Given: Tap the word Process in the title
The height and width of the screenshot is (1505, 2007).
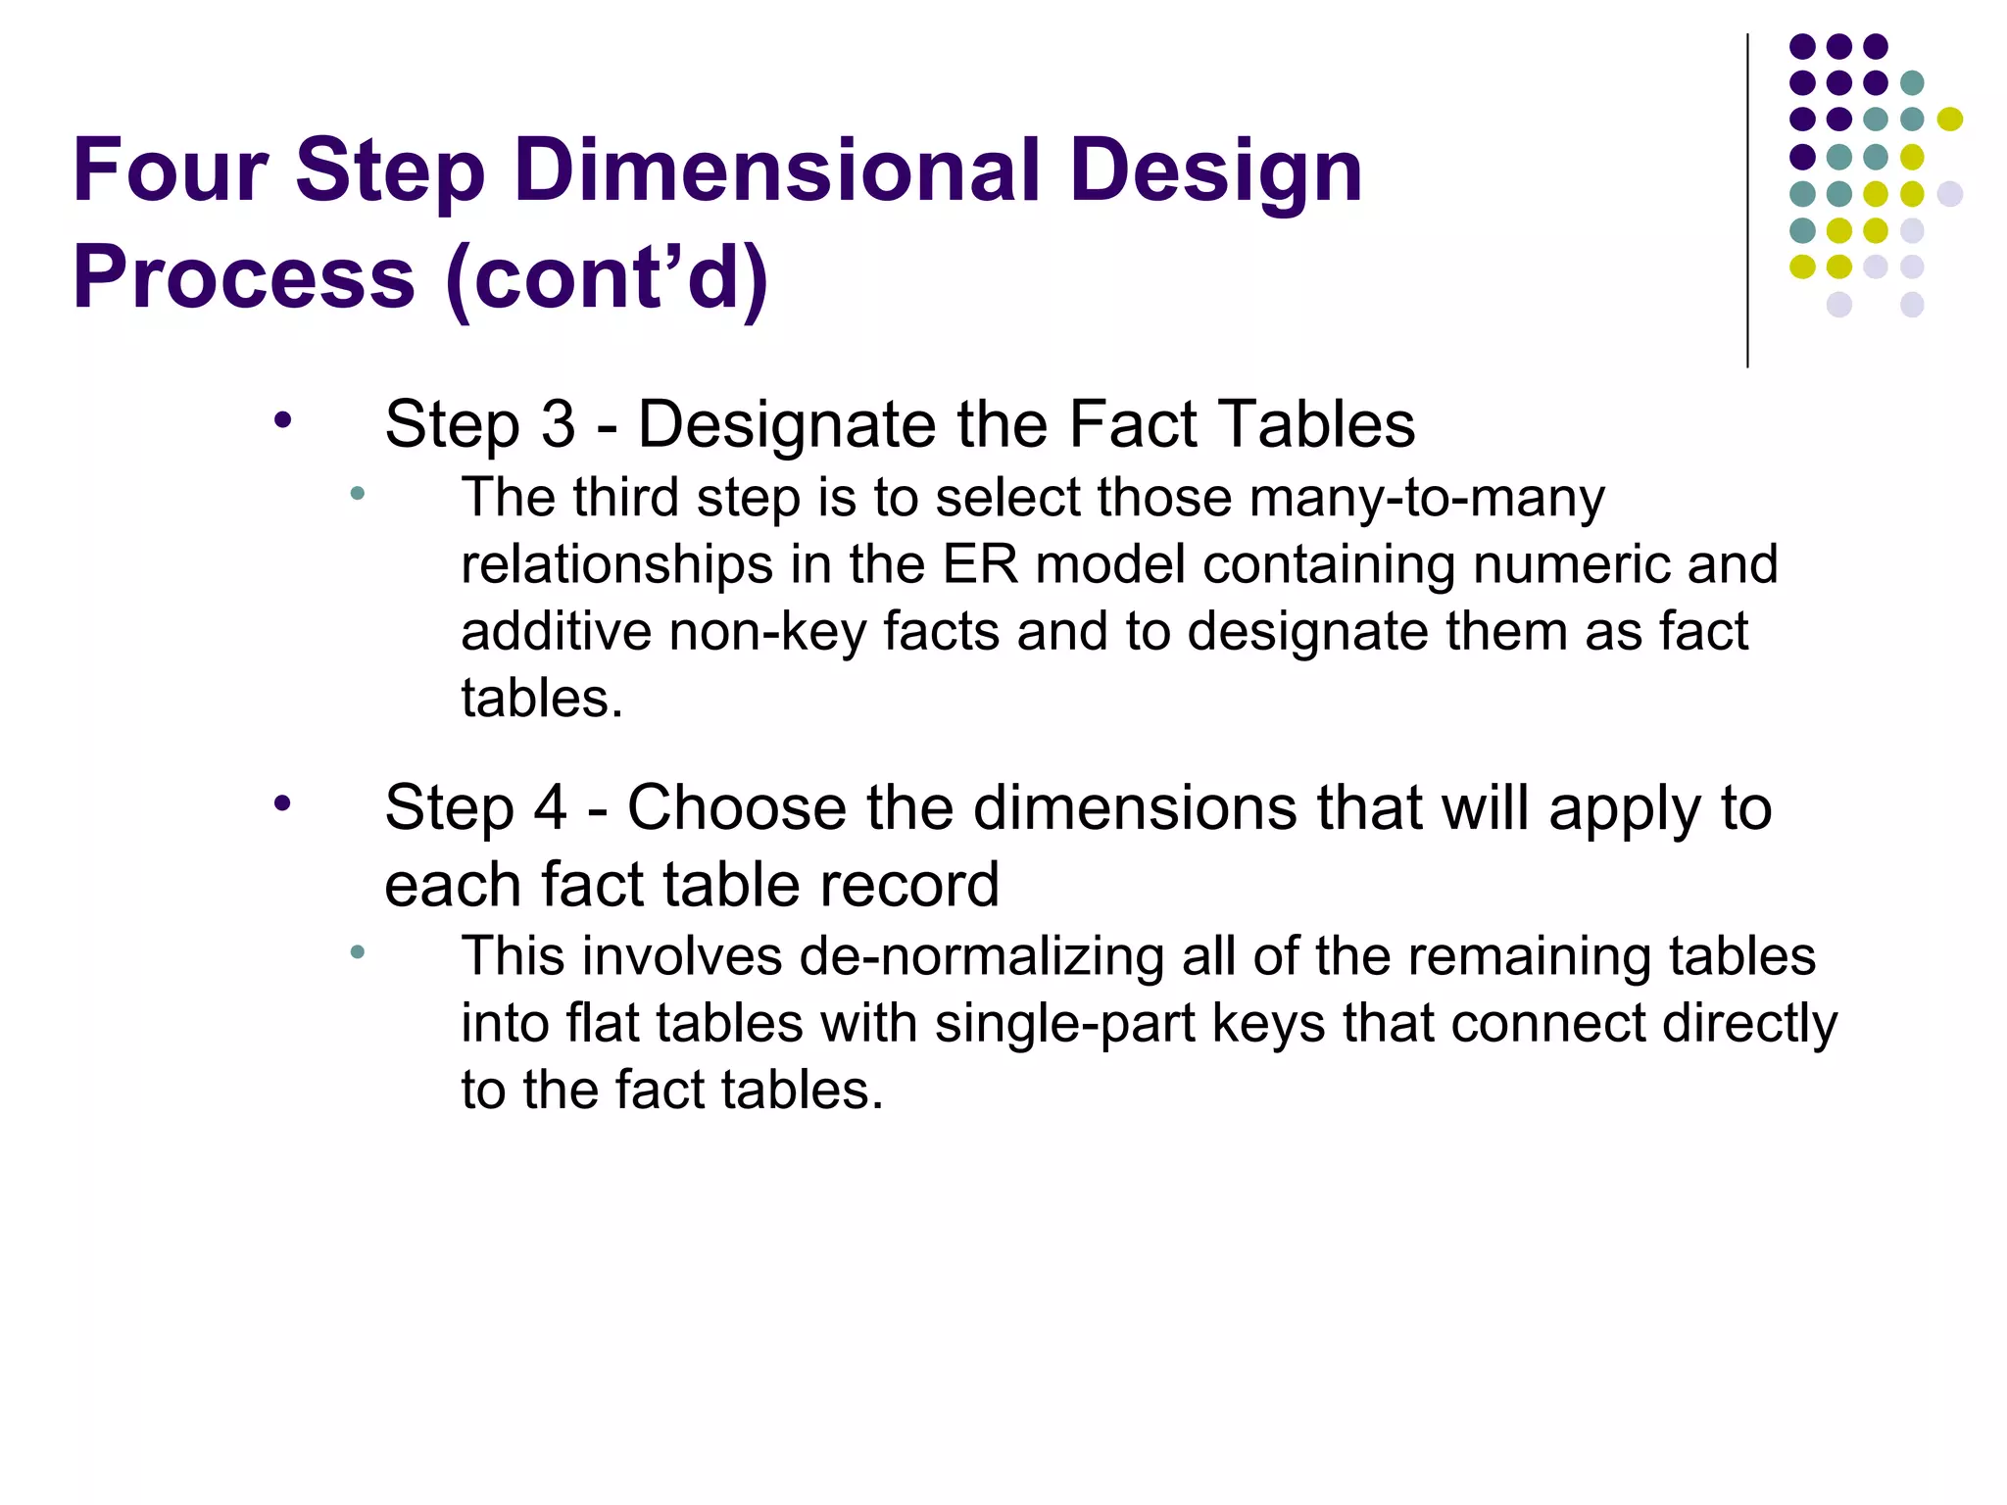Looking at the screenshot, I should pyautogui.click(x=244, y=276).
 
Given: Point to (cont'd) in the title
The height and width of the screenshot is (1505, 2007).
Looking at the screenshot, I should pyautogui.click(x=607, y=278).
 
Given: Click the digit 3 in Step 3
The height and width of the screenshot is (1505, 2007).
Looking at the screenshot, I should pyautogui.click(x=558, y=425).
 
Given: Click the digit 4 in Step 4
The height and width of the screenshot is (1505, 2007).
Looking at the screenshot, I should pyautogui.click(x=550, y=808).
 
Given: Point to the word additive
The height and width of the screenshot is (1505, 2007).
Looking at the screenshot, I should pyautogui.click(x=556, y=632).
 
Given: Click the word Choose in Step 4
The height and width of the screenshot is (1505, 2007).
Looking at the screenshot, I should pyautogui.click(x=736, y=808).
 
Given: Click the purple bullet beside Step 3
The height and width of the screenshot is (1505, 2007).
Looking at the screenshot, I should pyautogui.click(x=283, y=421).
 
